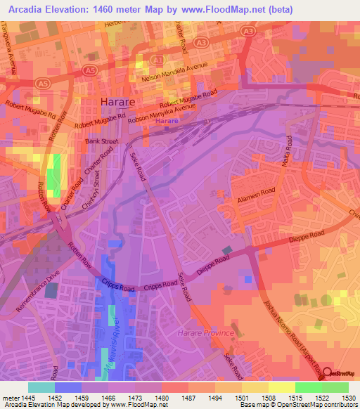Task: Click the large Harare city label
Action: pos(117,103)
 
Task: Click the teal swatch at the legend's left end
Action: pos(41,387)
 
